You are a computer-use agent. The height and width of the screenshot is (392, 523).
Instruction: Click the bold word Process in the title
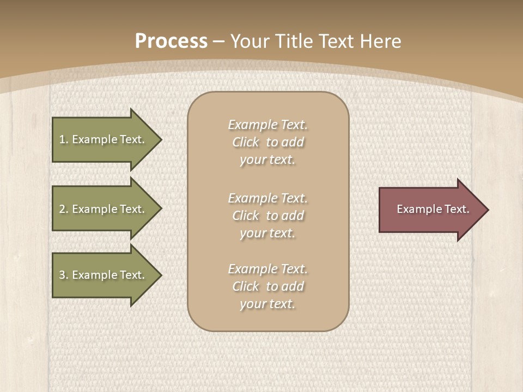tap(171, 41)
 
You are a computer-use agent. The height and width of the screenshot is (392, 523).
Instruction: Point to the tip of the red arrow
tap(487, 210)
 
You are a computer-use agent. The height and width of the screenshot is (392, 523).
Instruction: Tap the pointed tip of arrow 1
tap(161, 139)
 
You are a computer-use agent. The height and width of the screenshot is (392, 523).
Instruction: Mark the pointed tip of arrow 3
tap(161, 275)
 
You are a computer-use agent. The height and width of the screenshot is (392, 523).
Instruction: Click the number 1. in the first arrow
tap(64, 139)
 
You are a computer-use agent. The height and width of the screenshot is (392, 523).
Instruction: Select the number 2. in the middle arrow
tap(64, 209)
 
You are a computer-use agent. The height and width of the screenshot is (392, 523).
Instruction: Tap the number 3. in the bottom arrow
tap(64, 275)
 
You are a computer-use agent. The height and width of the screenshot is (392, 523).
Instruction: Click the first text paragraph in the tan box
tap(267, 142)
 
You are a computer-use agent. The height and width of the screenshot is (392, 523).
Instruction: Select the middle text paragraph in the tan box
tap(267, 216)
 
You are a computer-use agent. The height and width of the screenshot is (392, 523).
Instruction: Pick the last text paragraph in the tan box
tap(267, 286)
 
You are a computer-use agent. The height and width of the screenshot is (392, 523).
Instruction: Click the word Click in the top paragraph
tap(246, 142)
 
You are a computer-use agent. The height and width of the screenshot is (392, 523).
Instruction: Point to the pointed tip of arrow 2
tap(161, 209)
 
